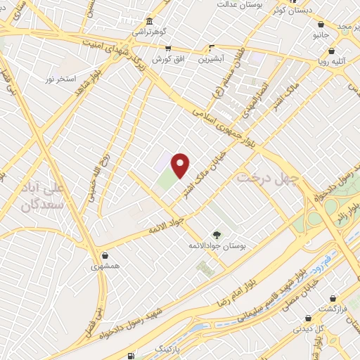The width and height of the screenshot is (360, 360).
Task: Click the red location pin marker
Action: pyautogui.click(x=181, y=165)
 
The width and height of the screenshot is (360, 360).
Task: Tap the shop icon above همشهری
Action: pyautogui.click(x=105, y=255)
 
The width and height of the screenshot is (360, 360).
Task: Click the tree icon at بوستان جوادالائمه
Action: pyautogui.click(x=216, y=236)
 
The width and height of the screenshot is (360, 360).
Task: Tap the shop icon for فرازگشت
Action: pyautogui.click(x=333, y=299)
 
